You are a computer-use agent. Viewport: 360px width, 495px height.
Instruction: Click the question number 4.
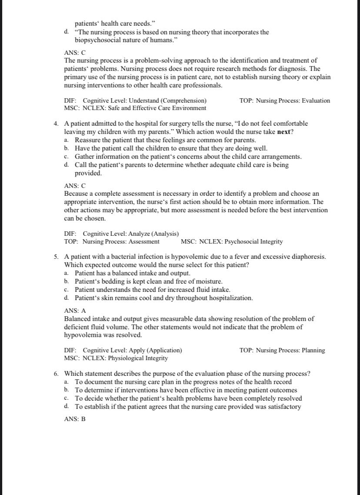coord(56,124)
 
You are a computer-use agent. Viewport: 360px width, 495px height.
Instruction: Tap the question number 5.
coord(56,257)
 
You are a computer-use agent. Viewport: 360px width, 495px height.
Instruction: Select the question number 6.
coord(56,374)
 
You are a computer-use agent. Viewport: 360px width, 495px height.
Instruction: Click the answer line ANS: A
coord(75,311)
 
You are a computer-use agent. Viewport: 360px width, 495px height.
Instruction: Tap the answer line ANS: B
coord(75,420)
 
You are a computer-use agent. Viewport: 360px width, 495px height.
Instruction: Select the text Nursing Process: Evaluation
coord(293,100)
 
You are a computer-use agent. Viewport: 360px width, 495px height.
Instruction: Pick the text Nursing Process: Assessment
coord(121,241)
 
